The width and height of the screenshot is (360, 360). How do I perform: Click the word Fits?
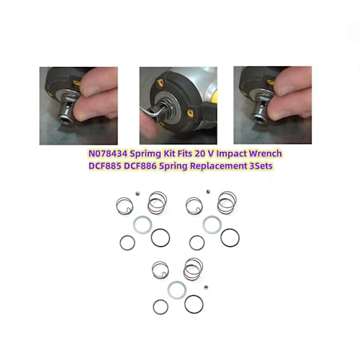(201, 153)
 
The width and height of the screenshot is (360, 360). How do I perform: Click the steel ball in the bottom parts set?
(206, 288)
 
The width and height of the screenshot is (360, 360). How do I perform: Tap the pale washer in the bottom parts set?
(176, 289)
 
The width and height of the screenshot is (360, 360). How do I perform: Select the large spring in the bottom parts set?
(193, 269)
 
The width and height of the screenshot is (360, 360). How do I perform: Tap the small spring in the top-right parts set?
(193, 207)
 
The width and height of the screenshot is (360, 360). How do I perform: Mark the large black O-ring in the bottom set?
(194, 304)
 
